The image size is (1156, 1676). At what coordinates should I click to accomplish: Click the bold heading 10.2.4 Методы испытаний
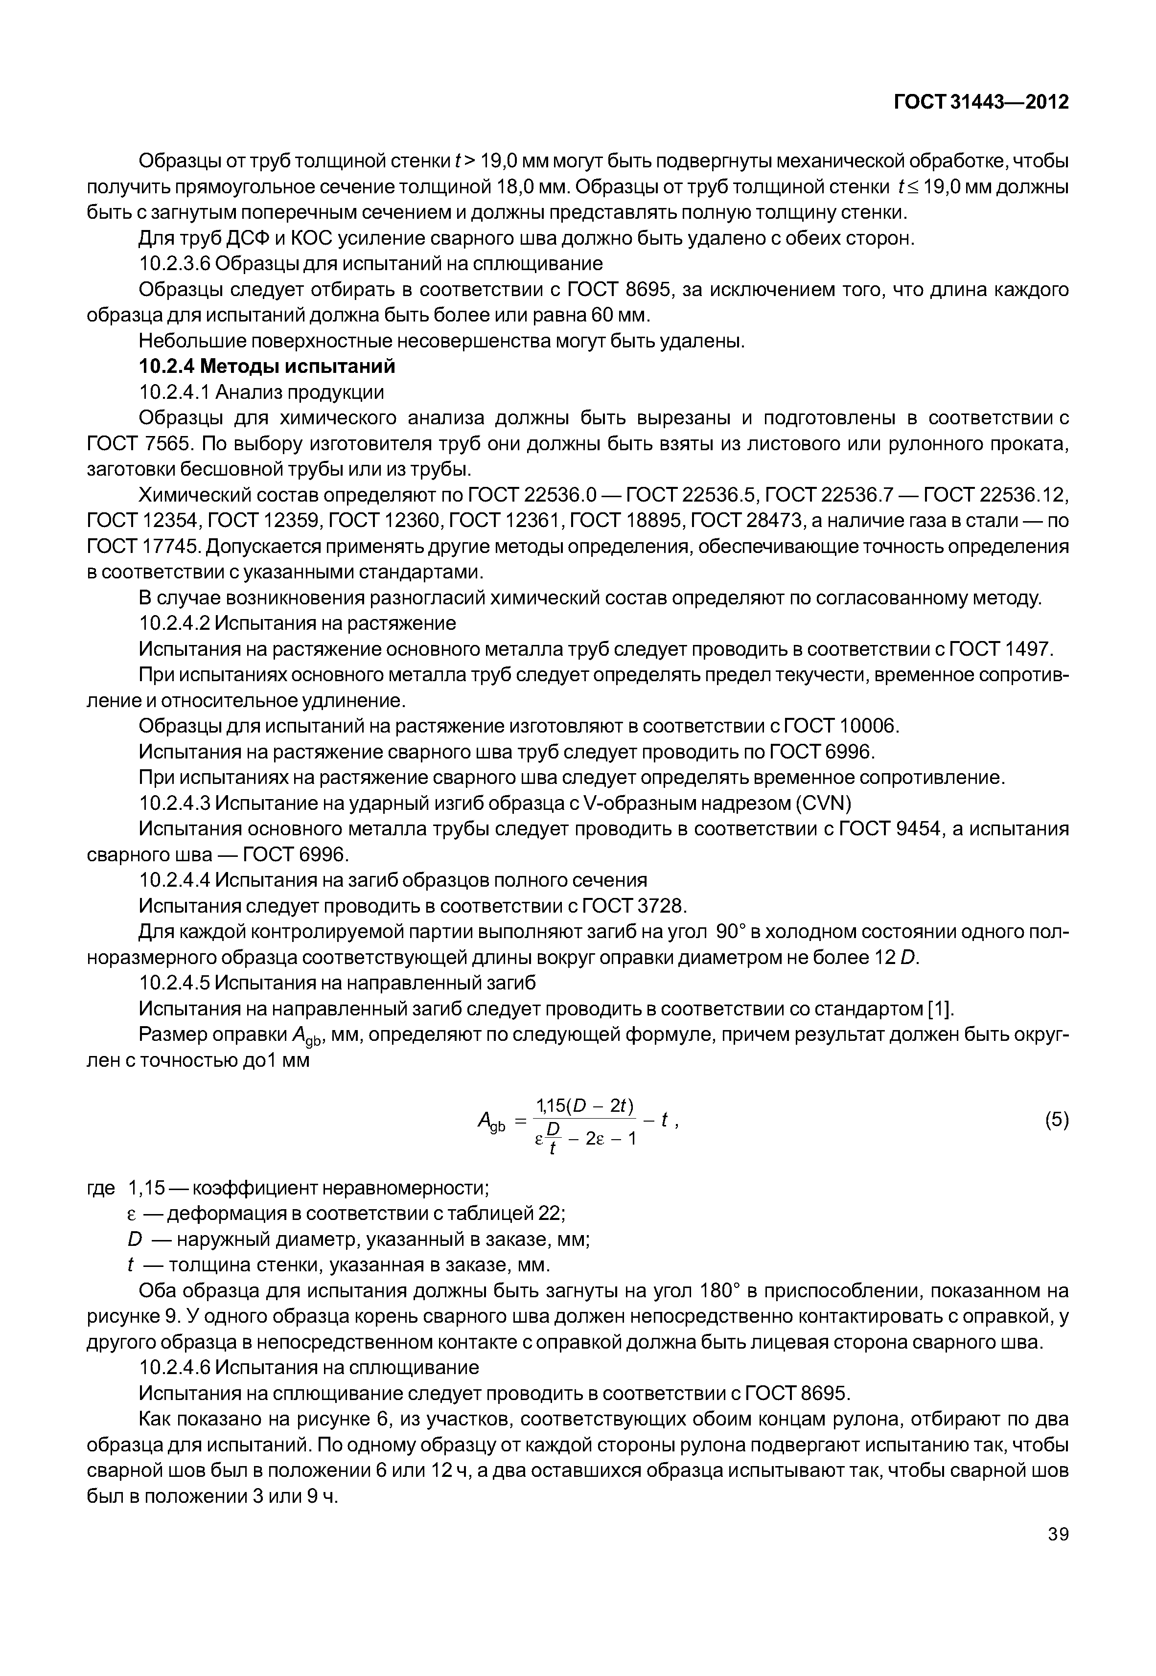pos(267,367)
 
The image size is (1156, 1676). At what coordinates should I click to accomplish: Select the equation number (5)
pos(1056,1120)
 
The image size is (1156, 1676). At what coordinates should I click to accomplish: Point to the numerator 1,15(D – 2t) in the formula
pos(584,1105)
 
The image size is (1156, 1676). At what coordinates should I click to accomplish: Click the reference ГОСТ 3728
pos(634,906)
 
